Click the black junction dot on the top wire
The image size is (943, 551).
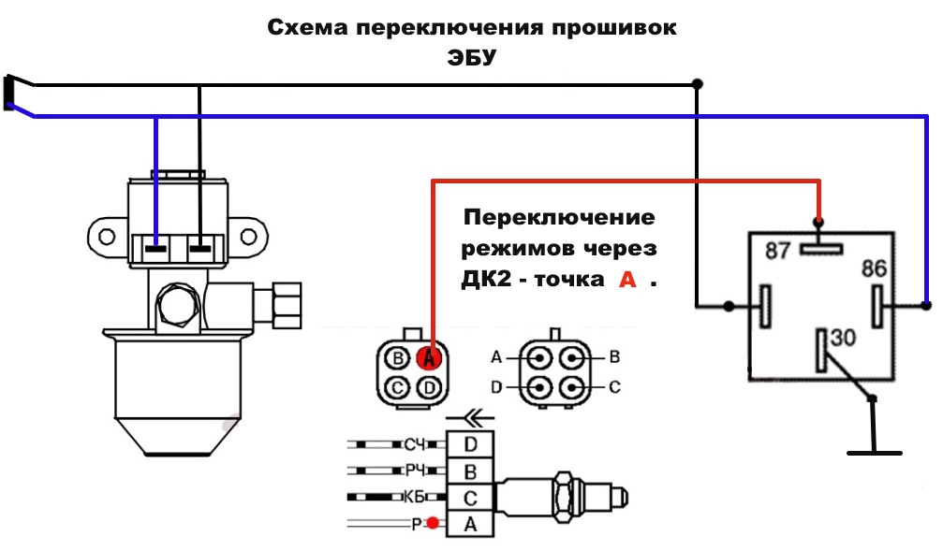coord(697,83)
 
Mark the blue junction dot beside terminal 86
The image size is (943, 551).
coord(926,305)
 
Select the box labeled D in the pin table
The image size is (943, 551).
coord(471,442)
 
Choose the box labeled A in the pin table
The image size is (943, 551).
coord(471,524)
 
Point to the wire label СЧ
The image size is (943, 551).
coord(415,442)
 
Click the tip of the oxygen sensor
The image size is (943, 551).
coord(626,496)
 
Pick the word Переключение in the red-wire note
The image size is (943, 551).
coord(559,218)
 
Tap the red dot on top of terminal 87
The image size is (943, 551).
coord(819,223)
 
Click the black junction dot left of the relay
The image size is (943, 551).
coord(728,305)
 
